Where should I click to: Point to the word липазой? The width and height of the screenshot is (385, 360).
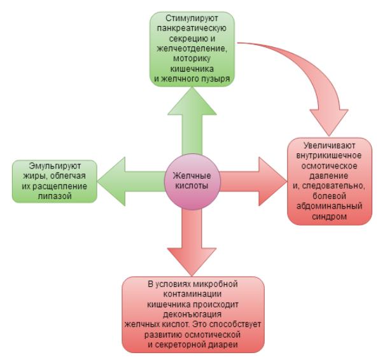[54, 197]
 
